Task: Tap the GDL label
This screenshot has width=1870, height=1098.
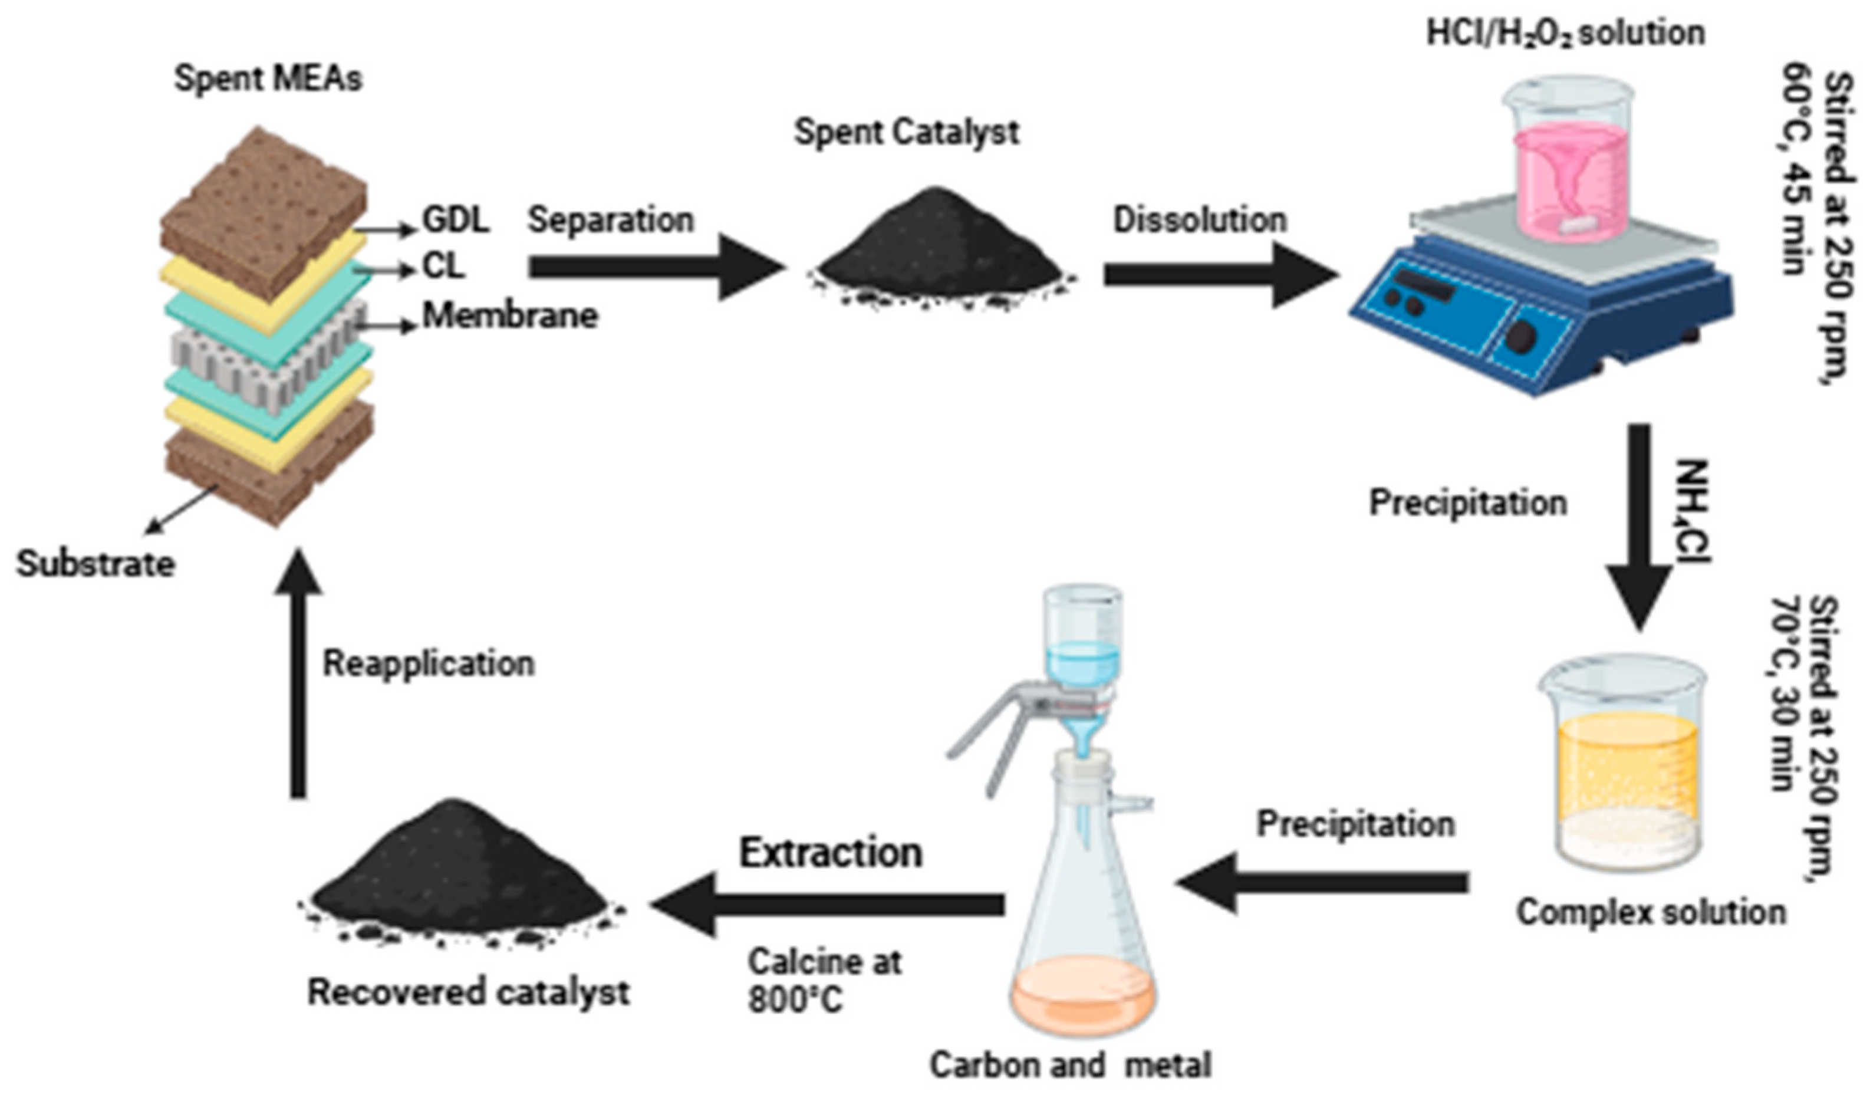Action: [x=456, y=220]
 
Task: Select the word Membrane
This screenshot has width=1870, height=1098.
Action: [x=510, y=315]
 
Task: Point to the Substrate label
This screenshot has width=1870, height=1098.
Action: [x=96, y=564]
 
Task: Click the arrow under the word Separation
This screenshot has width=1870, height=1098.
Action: [x=653, y=267]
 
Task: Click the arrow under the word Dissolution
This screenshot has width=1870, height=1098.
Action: [x=1217, y=275]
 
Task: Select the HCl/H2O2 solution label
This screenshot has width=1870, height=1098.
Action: [x=1566, y=34]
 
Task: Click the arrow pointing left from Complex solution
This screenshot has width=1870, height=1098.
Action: [x=1321, y=883]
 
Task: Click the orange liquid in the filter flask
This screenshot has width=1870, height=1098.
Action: [x=1084, y=995]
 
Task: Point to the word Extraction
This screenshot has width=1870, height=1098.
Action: [x=831, y=853]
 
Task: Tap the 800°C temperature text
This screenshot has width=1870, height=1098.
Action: [x=795, y=1000]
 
